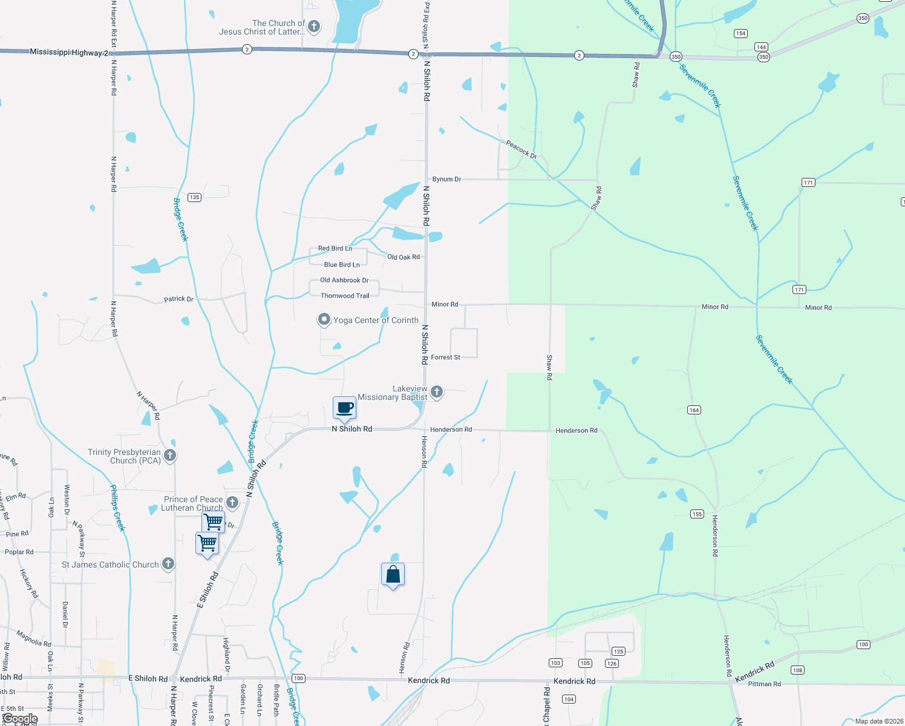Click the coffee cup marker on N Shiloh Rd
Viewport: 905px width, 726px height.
[344, 408]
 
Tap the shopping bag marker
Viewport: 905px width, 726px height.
[393, 574]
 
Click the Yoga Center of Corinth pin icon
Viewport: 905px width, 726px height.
[324, 319]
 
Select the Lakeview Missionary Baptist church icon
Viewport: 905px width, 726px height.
[436, 392]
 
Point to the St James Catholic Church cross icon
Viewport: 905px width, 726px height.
[168, 564]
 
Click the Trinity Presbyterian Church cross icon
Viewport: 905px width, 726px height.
[170, 455]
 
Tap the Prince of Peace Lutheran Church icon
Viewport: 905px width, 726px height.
[232, 502]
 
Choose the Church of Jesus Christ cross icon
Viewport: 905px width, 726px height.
[313, 26]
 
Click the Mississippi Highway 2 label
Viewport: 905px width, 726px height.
[69, 53]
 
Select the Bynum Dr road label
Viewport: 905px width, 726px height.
[446, 179]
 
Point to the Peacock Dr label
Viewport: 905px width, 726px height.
[521, 149]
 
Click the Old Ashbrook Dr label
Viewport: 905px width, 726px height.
[344, 280]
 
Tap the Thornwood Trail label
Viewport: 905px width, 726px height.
[345, 296]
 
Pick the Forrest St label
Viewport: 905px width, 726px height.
[445, 358]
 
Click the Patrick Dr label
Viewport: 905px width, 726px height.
[178, 299]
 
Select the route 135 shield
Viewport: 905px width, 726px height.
[194, 197]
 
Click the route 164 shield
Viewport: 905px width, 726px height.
[694, 410]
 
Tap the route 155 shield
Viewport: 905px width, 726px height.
[697, 514]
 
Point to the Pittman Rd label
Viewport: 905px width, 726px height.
[764, 684]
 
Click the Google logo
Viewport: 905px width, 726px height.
[20, 719]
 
